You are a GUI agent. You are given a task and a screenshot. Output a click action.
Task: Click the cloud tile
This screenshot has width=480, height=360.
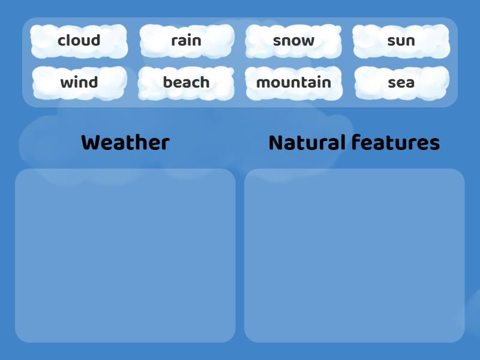(79, 41)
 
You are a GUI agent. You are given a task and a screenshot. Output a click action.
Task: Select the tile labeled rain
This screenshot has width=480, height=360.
(186, 41)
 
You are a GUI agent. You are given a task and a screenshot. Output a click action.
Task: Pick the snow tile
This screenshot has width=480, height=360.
(293, 41)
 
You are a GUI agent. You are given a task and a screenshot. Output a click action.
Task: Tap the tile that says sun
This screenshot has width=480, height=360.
(401, 41)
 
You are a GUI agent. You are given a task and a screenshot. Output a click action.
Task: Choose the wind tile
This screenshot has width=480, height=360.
(79, 82)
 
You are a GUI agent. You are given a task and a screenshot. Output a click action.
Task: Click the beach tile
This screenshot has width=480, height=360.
(186, 82)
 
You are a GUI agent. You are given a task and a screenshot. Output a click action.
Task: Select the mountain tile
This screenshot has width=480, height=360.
(293, 82)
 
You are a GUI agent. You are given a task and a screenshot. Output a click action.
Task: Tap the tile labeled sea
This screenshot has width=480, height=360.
(401, 82)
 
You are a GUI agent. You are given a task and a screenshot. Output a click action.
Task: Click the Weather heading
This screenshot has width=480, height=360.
(125, 143)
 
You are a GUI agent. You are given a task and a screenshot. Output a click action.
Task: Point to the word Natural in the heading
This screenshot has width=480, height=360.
(307, 143)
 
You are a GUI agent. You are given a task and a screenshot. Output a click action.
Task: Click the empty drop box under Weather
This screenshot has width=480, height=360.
(125, 255)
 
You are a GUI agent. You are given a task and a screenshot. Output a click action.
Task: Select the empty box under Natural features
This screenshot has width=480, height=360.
(354, 255)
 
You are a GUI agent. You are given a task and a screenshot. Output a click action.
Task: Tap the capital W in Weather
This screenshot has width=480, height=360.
(89, 143)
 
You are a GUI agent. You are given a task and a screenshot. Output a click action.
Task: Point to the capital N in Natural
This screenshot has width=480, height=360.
(275, 143)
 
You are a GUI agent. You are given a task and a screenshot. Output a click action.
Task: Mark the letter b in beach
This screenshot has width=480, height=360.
(167, 82)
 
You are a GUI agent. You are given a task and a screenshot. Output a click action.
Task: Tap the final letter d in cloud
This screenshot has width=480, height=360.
(95, 41)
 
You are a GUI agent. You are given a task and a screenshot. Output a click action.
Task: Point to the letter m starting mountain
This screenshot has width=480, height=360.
(262, 83)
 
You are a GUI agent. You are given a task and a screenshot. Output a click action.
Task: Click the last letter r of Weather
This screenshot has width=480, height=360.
(166, 145)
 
